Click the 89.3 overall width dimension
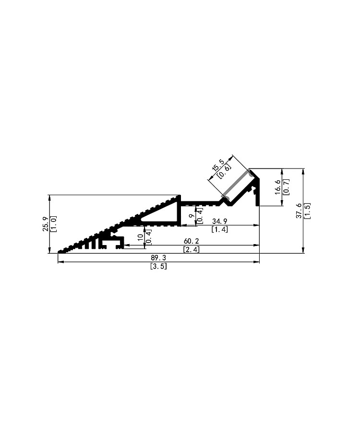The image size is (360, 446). coord(158,258)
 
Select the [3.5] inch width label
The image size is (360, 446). coord(158,266)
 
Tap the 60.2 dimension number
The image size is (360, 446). coord(191,241)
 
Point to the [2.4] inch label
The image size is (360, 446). coord(191,249)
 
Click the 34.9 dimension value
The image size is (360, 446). coord(220,221)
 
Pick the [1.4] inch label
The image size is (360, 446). coord(220,229)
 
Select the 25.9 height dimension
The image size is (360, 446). coord(46,224)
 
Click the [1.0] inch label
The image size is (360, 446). coord(53,224)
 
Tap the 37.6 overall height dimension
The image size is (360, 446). coord(299,211)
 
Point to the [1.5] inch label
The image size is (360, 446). coord(307,211)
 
